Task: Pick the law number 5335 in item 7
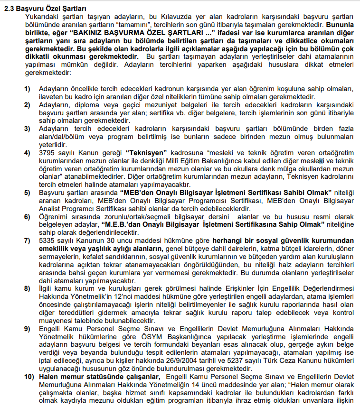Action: [x=46, y=240]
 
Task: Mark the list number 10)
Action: [x=29, y=377]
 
